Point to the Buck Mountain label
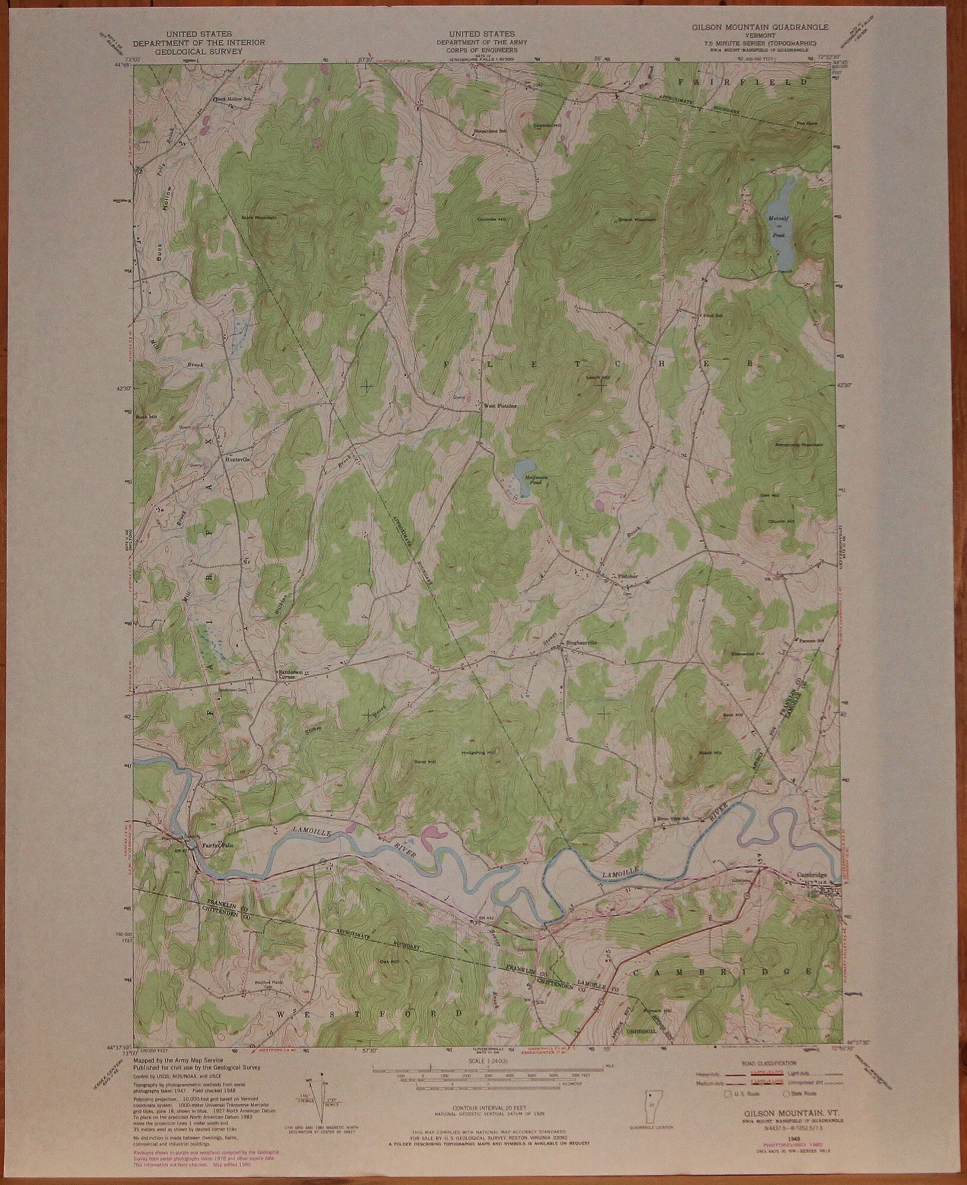pos(259,218)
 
